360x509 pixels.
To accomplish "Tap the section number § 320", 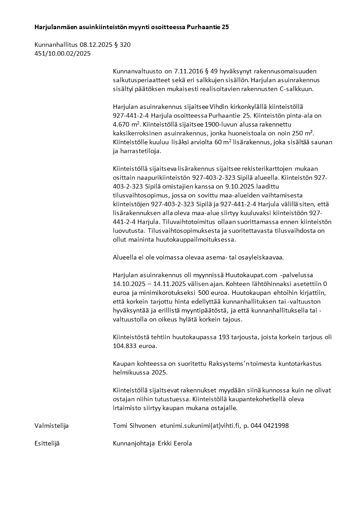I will pos(125,45).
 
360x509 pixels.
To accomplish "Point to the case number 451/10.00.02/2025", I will pos(63,54).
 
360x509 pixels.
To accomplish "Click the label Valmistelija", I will pos(52,426).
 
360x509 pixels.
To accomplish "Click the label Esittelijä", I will pos(47,443).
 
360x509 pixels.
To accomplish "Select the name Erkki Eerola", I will pos(175,443).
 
